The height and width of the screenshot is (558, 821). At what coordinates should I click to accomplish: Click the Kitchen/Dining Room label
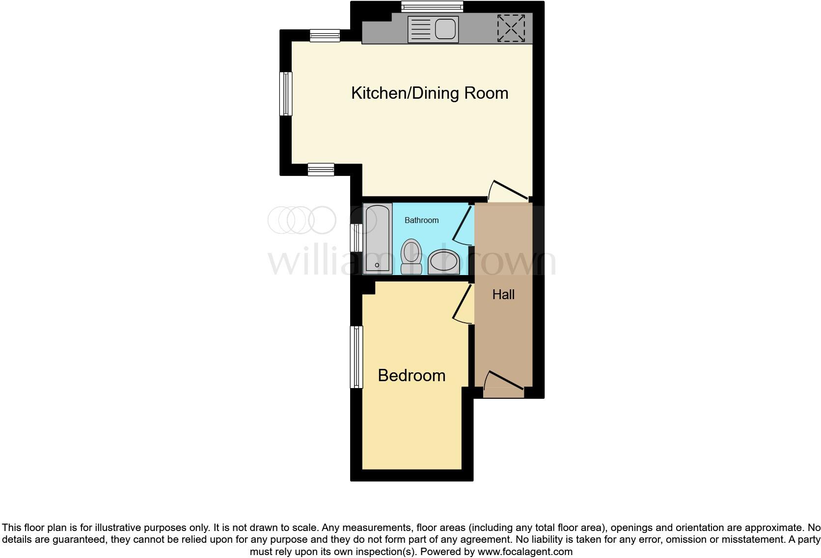[x=430, y=93]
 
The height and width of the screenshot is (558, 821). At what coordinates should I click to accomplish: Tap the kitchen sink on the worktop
[x=433, y=29]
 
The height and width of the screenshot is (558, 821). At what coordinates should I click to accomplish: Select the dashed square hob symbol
[x=511, y=28]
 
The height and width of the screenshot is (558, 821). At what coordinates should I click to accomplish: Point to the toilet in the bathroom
[x=410, y=256]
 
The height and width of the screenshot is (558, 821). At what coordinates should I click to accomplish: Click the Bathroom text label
[x=421, y=220]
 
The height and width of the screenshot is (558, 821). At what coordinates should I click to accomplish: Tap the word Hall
[x=503, y=294]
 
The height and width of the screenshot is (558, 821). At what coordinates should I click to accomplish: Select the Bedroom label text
[x=411, y=375]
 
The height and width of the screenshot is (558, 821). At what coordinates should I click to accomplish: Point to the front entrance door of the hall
[x=504, y=385]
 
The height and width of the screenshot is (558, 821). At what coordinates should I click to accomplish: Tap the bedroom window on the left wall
[x=356, y=357]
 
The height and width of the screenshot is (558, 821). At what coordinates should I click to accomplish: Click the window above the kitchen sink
[x=432, y=6]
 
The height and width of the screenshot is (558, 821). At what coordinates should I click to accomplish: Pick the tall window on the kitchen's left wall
[x=286, y=93]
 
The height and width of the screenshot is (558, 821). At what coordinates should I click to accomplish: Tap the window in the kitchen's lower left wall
[x=321, y=169]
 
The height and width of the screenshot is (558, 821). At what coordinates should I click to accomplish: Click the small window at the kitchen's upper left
[x=325, y=35]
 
